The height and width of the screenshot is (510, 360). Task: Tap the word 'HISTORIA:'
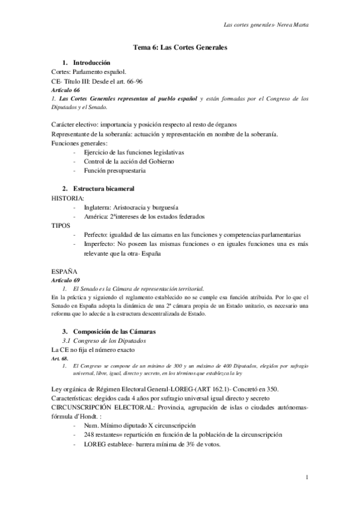point(68,198)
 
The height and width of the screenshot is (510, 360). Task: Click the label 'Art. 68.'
point(61,358)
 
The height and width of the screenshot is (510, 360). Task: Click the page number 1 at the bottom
point(307,478)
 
